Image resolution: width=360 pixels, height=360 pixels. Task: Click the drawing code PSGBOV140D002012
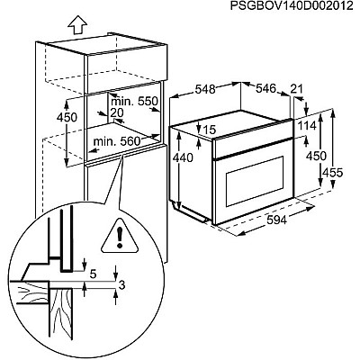pyautogui.click(x=292, y=6)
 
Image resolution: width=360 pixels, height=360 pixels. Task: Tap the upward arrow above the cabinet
pyautogui.click(x=77, y=25)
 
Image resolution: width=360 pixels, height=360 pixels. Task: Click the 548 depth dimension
pyautogui.click(x=205, y=89)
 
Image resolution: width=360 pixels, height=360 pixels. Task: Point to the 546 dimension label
pyautogui.click(x=265, y=88)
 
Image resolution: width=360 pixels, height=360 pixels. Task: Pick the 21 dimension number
pyautogui.click(x=297, y=89)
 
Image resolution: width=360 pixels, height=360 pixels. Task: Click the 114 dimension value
pyautogui.click(x=307, y=126)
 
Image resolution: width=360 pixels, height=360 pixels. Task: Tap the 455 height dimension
pyautogui.click(x=332, y=173)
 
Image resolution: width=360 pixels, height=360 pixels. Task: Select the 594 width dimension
pyautogui.click(x=276, y=220)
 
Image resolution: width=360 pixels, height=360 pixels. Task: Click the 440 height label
pyautogui.click(x=184, y=157)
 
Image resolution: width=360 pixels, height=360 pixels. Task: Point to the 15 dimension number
pyautogui.click(x=210, y=130)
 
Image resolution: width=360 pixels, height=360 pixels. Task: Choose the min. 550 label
pyautogui.click(x=134, y=102)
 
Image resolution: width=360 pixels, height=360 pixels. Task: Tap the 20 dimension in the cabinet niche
pyautogui.click(x=117, y=112)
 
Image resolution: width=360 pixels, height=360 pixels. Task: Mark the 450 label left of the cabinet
pyautogui.click(x=67, y=117)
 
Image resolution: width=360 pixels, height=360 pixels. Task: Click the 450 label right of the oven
pyautogui.click(x=316, y=156)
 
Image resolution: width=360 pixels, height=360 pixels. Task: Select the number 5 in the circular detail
pyautogui.click(x=93, y=274)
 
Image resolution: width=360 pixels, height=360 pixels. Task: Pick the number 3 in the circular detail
pyautogui.click(x=121, y=285)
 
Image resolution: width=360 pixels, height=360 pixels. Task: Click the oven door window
pyautogui.click(x=255, y=181)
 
